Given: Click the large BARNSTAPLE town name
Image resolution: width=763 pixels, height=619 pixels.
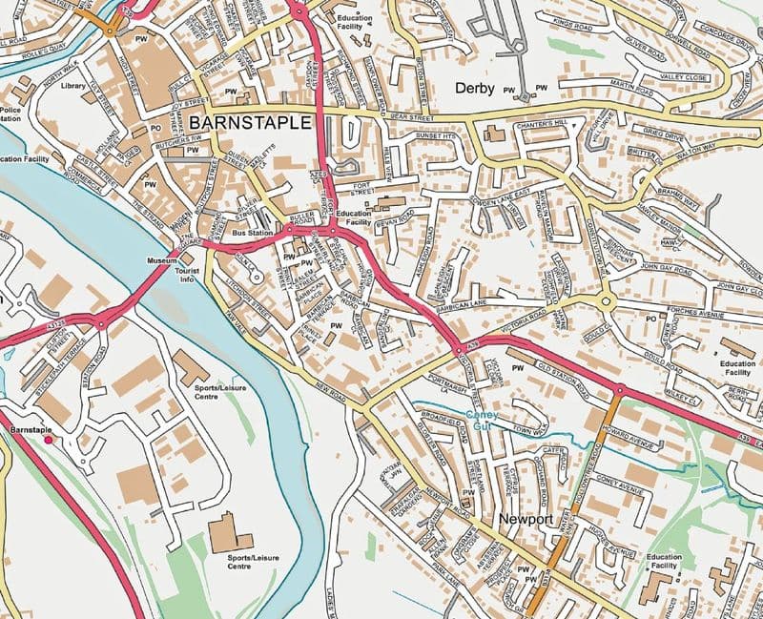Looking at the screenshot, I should click(x=251, y=123).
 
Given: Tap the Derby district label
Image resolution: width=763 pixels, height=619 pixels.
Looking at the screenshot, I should click(x=475, y=89).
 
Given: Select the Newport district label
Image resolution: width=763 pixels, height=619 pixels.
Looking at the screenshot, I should click(x=526, y=519).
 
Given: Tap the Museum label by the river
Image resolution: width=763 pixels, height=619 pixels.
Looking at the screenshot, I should click(x=161, y=260).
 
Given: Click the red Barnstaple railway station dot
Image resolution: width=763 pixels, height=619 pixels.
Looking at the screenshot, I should click(x=49, y=439).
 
